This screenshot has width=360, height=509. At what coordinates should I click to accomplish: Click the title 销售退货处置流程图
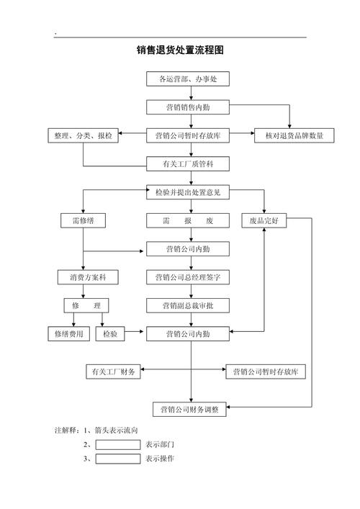click(x=180, y=50)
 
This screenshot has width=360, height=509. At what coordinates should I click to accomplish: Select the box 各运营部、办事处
click(x=188, y=79)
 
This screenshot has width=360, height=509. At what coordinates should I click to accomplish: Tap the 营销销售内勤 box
click(x=188, y=107)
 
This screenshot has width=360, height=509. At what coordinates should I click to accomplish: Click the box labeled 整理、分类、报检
click(x=83, y=135)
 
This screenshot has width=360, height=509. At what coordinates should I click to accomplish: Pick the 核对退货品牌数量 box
click(x=294, y=135)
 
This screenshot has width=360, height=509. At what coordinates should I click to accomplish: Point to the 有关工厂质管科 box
click(x=188, y=164)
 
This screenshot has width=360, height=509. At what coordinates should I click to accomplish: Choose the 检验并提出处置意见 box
click(x=188, y=192)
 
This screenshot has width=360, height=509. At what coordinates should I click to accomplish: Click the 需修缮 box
click(x=83, y=221)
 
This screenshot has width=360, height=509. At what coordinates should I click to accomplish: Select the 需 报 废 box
click(x=188, y=221)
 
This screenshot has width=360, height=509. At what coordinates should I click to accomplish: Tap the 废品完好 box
click(x=264, y=221)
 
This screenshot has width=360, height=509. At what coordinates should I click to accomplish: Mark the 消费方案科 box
click(x=88, y=277)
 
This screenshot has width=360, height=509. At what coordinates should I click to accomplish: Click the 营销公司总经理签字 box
click(x=188, y=277)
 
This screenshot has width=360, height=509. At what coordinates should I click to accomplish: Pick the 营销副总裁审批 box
click(x=188, y=305)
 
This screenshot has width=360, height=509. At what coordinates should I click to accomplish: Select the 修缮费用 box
click(x=69, y=334)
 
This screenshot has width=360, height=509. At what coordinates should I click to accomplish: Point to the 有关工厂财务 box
click(x=113, y=371)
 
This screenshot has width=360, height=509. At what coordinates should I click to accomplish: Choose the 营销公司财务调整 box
click(x=189, y=410)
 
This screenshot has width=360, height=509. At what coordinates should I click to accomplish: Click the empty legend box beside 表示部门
click(x=118, y=445)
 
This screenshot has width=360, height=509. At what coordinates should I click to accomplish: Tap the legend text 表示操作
click(x=160, y=459)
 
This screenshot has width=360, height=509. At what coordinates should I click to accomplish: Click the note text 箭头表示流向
click(x=116, y=430)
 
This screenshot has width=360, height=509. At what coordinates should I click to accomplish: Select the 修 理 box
click(x=86, y=305)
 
